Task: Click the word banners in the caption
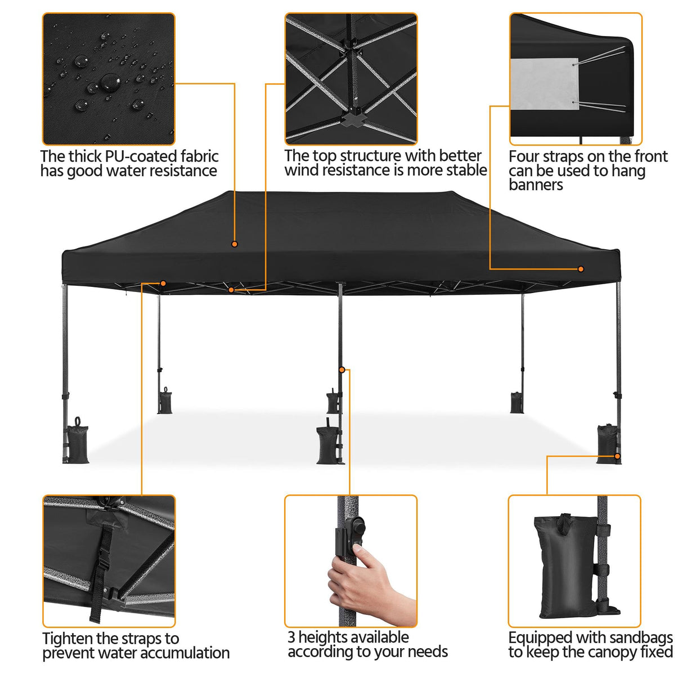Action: [x=536, y=185]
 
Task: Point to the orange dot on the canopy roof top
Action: [x=235, y=244]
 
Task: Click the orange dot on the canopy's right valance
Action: [x=581, y=269]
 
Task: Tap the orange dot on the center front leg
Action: [x=341, y=370]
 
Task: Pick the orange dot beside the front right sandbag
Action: [x=617, y=456]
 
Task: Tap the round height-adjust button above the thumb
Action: [x=357, y=529]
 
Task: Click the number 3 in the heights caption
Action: [x=291, y=637]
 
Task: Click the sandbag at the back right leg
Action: [x=516, y=402]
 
